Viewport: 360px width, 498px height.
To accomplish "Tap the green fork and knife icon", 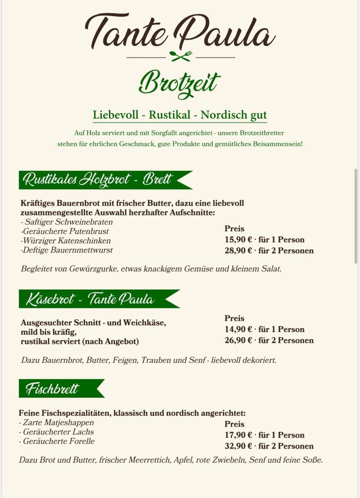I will tap(181, 56).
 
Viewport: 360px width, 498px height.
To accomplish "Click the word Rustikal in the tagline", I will tap(168, 115).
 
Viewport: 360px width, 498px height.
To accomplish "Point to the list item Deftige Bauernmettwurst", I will tap(67, 250).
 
